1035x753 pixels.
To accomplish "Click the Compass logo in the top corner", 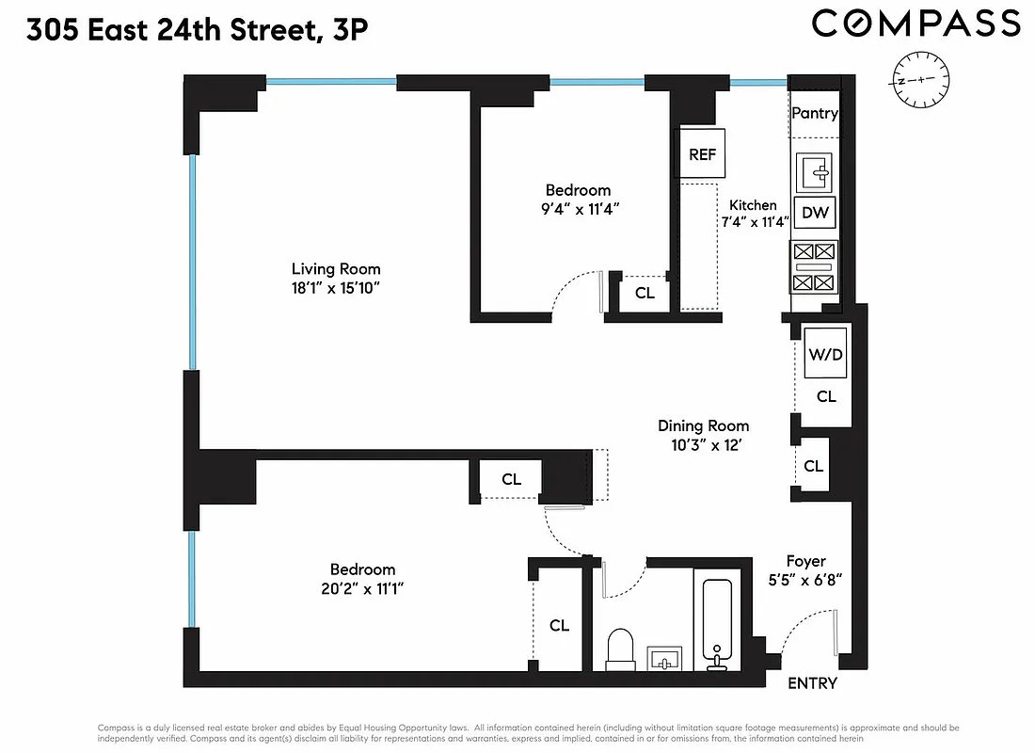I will [916, 24].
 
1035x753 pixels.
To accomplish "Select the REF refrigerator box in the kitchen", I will [702, 154].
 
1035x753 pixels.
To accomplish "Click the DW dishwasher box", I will [815, 213].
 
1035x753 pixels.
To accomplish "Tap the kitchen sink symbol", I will [816, 172].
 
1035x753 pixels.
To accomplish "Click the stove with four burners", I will [815, 267].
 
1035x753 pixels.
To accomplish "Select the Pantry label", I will [815, 113].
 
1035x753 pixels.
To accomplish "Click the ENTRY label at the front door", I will [812, 683].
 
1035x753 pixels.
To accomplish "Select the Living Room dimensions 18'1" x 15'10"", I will [336, 288].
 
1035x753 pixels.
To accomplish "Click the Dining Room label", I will [703, 425].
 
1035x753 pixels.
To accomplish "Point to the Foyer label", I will [806, 562].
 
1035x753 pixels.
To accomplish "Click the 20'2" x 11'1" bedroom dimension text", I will [362, 588].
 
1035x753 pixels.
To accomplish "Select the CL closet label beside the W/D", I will [826, 397].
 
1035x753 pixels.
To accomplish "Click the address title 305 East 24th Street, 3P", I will [197, 30].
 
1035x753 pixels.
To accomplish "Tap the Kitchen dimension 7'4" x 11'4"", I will [754, 223].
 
